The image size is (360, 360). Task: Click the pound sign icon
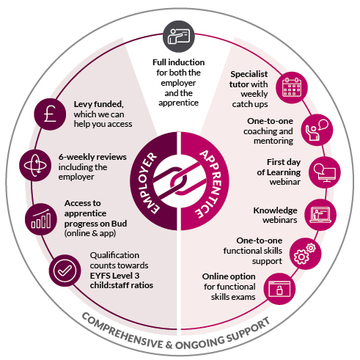coord(50,114)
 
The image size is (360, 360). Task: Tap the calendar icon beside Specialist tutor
coord(292,87)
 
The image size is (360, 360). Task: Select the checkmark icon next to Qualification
coord(65,271)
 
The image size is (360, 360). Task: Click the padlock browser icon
coord(279,289)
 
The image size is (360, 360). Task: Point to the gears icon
coord(306,254)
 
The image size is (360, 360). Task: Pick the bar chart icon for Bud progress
coord(41,219)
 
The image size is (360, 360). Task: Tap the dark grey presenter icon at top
coord(179,37)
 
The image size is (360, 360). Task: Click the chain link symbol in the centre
coord(180,181)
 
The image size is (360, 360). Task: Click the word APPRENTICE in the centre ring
coord(210,184)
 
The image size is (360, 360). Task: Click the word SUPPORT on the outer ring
coord(249,330)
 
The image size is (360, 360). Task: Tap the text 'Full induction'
coord(179,62)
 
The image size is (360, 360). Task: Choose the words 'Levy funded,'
coord(99,104)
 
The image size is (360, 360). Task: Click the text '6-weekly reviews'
coord(92,157)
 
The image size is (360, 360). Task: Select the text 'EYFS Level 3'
coord(114,276)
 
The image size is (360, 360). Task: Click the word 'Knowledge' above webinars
coord(275,210)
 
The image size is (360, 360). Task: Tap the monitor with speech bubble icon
coord(325,172)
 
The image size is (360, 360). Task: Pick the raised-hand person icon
coord(317,130)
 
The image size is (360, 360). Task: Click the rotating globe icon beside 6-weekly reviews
coord(35,166)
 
